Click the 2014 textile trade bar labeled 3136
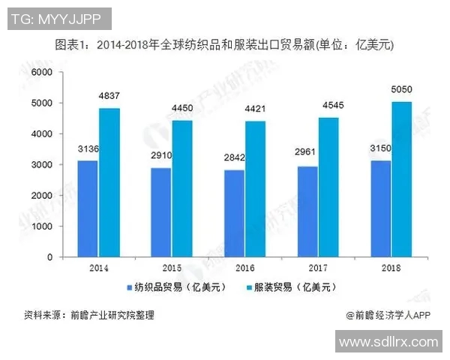click(x=88, y=208)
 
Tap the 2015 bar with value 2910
click(x=161, y=212)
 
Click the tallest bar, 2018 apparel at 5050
click(x=403, y=179)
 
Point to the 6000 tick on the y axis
click(x=43, y=72)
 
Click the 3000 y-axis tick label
click(x=43, y=164)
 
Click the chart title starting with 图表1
click(x=225, y=46)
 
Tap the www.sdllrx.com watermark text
click(x=388, y=342)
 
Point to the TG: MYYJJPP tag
click(x=59, y=16)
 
